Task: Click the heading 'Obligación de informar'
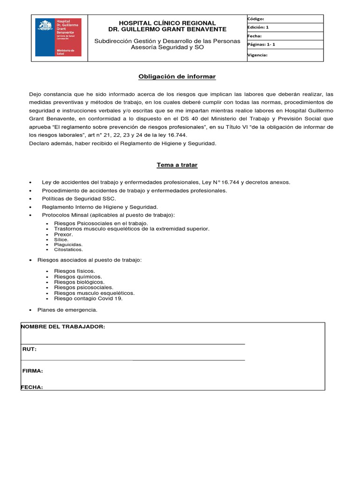(x=177, y=76)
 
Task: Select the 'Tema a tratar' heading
(x=177, y=165)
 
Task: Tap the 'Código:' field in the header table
(x=285, y=19)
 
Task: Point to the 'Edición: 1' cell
(x=285, y=27)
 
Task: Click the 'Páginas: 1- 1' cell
(x=285, y=45)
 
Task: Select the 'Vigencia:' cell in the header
(x=285, y=55)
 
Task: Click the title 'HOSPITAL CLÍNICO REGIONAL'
(x=167, y=23)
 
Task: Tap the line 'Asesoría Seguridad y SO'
(x=167, y=47)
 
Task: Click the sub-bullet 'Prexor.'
(x=63, y=234)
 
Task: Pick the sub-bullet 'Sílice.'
(x=61, y=240)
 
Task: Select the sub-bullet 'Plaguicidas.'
(x=68, y=245)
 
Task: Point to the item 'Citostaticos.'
(x=68, y=250)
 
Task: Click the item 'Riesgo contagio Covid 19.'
(x=88, y=299)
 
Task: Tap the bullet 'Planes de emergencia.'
(x=70, y=310)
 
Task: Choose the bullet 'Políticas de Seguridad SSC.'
(x=79, y=199)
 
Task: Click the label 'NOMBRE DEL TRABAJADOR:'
(x=63, y=327)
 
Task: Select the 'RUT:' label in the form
(x=30, y=349)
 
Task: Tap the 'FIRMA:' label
(x=33, y=371)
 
